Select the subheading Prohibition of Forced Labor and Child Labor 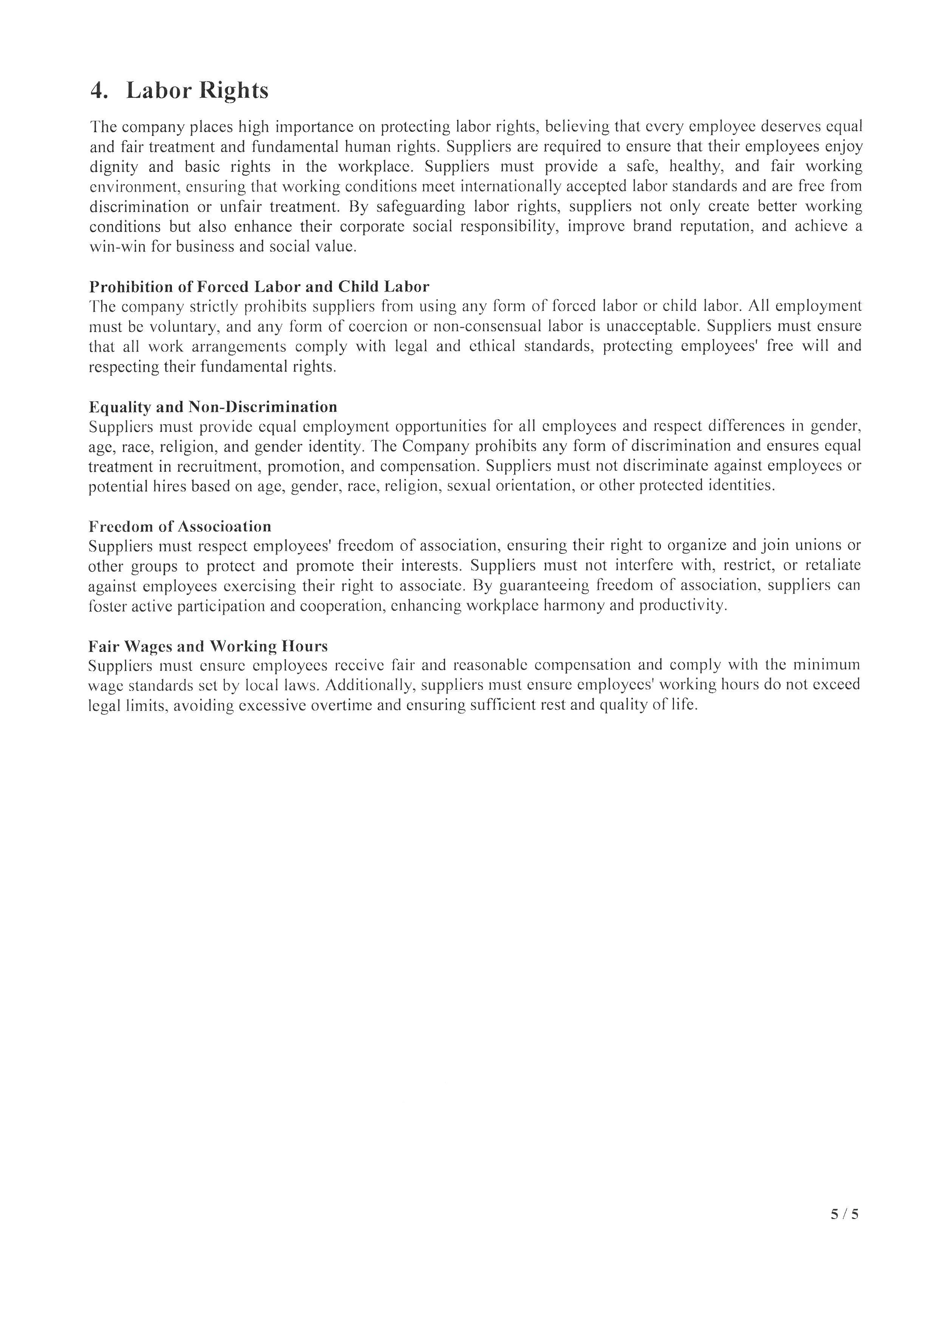tap(259, 287)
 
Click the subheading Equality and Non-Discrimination tap(213, 407)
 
